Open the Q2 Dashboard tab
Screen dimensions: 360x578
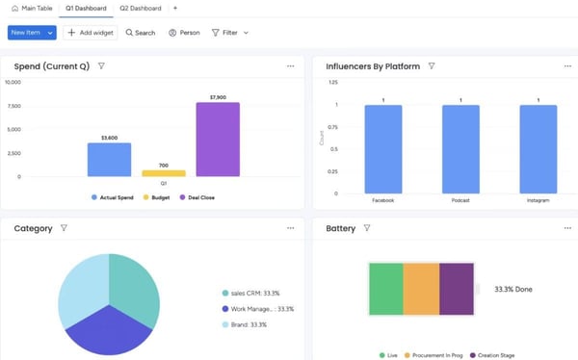[141, 8]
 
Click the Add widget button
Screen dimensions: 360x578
[92, 32]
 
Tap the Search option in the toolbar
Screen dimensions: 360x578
[140, 32]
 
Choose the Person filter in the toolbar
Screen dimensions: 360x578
[184, 32]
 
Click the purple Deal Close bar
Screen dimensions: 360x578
[218, 140]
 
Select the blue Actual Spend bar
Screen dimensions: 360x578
[109, 160]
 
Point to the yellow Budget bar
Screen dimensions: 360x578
[163, 173]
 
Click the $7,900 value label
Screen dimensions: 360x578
[218, 97]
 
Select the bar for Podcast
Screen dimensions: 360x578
[460, 149]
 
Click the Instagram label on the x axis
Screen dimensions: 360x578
[538, 201]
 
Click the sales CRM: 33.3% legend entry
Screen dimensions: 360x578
[255, 293]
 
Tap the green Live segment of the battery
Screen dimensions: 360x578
[385, 289]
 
